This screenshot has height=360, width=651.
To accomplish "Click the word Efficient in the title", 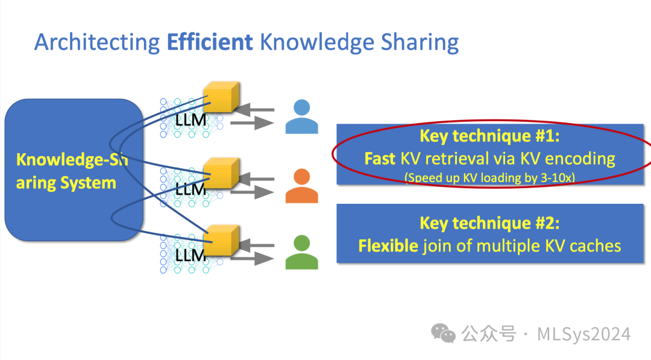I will [210, 42].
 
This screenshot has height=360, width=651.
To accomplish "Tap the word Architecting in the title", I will [96, 43].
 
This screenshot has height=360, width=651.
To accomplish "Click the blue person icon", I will [301, 117].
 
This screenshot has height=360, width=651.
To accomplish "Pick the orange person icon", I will [301, 186].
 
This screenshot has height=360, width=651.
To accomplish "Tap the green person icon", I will [301, 253].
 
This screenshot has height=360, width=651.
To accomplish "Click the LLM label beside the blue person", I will [190, 121].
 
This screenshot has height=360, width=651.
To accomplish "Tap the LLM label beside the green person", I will [190, 256].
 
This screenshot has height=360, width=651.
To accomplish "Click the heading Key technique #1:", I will [489, 136].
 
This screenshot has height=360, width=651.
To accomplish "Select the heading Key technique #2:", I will [489, 223].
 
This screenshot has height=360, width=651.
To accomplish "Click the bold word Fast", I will [380, 159].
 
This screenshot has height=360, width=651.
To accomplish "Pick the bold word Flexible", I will [388, 245].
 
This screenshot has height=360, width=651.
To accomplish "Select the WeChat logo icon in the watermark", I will [443, 333].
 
